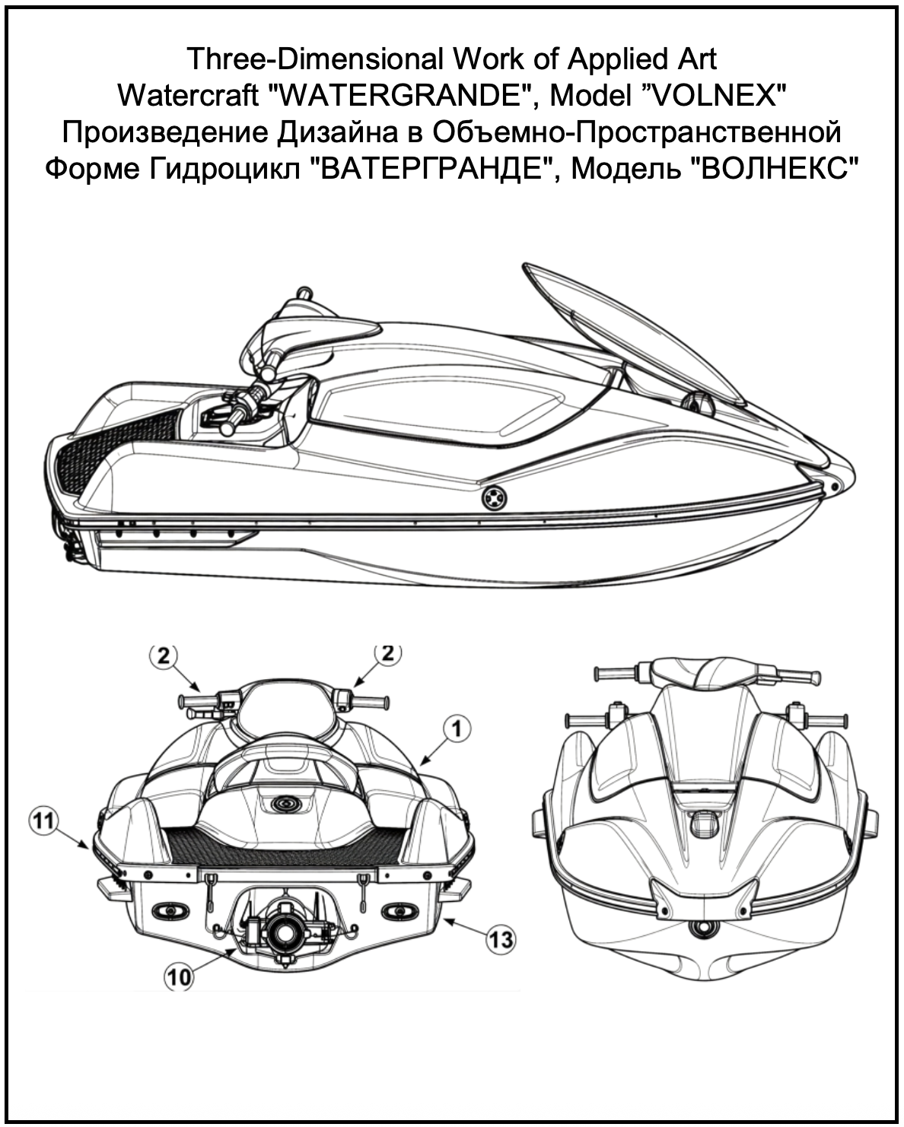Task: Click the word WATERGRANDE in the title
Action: point(402,96)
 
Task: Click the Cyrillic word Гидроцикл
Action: point(224,170)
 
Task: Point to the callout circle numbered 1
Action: point(457,729)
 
